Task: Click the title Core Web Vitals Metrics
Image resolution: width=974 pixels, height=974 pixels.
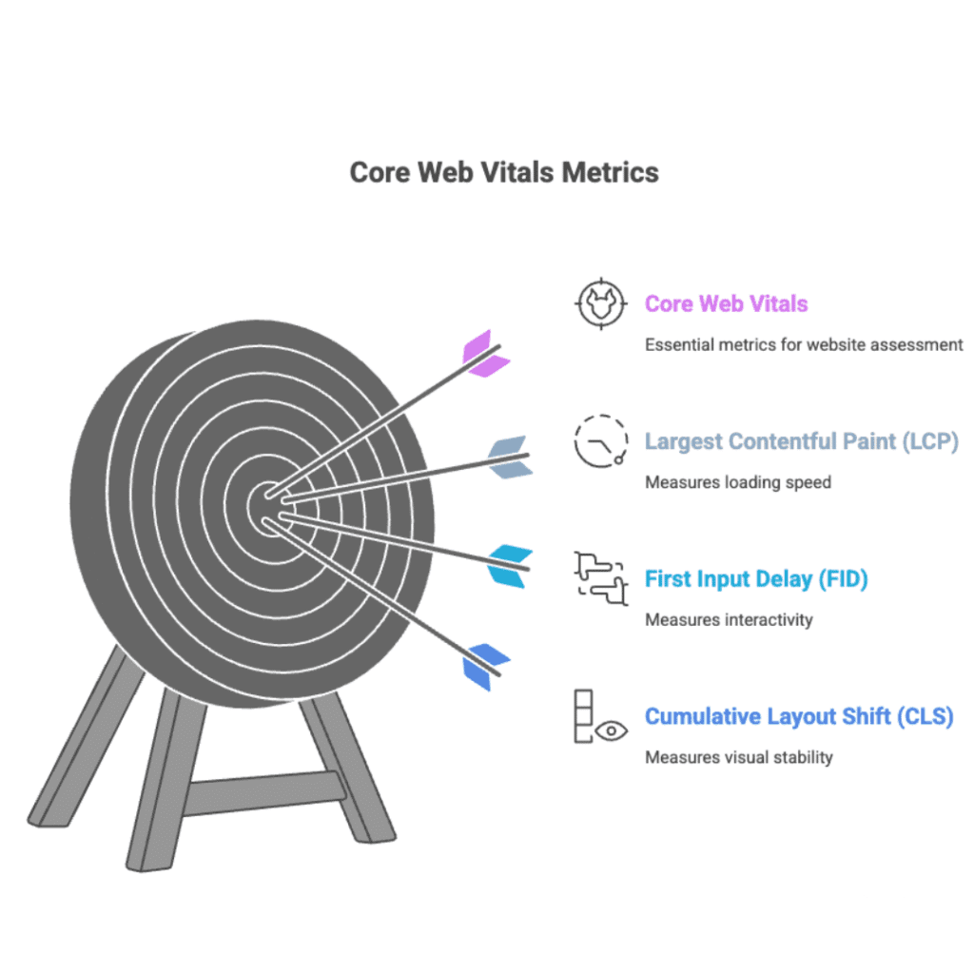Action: click(504, 173)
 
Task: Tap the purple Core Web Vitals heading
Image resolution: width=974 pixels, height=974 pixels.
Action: click(726, 304)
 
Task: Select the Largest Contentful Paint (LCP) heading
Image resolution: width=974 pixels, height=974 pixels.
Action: click(801, 441)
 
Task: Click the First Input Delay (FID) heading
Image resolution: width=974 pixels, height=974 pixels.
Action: click(756, 578)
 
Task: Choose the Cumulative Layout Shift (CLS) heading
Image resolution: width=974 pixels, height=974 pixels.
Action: click(798, 716)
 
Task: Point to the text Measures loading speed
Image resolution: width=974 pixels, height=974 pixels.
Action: click(737, 482)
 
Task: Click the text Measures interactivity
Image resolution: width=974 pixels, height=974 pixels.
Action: click(729, 620)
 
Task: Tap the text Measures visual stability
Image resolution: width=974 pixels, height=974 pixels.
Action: click(738, 757)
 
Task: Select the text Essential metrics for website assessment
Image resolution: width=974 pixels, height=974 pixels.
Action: click(804, 344)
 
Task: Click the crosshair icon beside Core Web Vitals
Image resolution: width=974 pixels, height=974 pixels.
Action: click(601, 304)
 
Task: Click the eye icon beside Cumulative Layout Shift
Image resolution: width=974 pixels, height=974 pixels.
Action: click(612, 730)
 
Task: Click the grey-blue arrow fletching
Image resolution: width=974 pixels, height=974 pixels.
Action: click(508, 457)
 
